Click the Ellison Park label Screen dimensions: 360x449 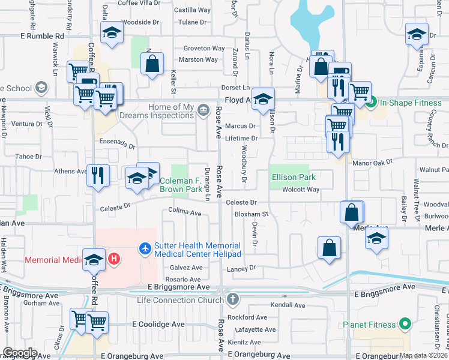tap(293, 177)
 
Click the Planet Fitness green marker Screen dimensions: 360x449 tap(405, 325)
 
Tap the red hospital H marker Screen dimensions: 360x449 tap(114, 259)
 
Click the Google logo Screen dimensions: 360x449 tap(19, 353)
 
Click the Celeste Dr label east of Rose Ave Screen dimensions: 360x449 tap(241, 203)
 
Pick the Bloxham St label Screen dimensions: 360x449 tap(250, 214)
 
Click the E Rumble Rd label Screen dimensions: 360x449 tap(42, 37)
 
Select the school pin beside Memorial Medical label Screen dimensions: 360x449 tap(94, 259)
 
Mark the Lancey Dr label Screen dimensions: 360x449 tap(241, 268)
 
